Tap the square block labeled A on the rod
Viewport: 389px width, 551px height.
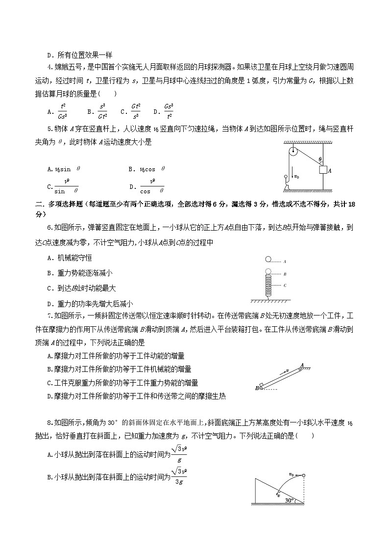coord(323,170)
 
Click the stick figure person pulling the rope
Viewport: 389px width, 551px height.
coord(286,181)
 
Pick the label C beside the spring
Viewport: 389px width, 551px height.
coord(285,285)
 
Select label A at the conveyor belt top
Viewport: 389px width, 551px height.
coord(302,365)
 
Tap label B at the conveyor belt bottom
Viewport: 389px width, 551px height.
coord(257,388)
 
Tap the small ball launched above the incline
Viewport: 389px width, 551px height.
coord(303,475)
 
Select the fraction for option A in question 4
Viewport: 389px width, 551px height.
coord(63,111)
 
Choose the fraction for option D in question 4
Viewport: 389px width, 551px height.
coord(169,111)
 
